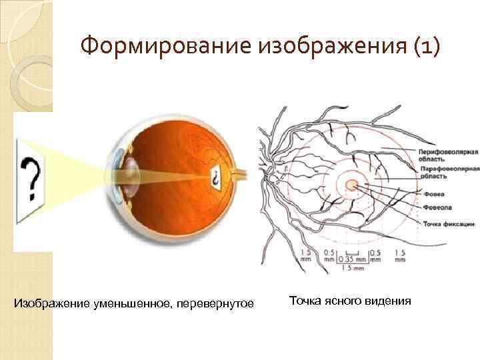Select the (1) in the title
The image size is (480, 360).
point(419,47)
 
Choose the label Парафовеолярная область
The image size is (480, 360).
point(446,175)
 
